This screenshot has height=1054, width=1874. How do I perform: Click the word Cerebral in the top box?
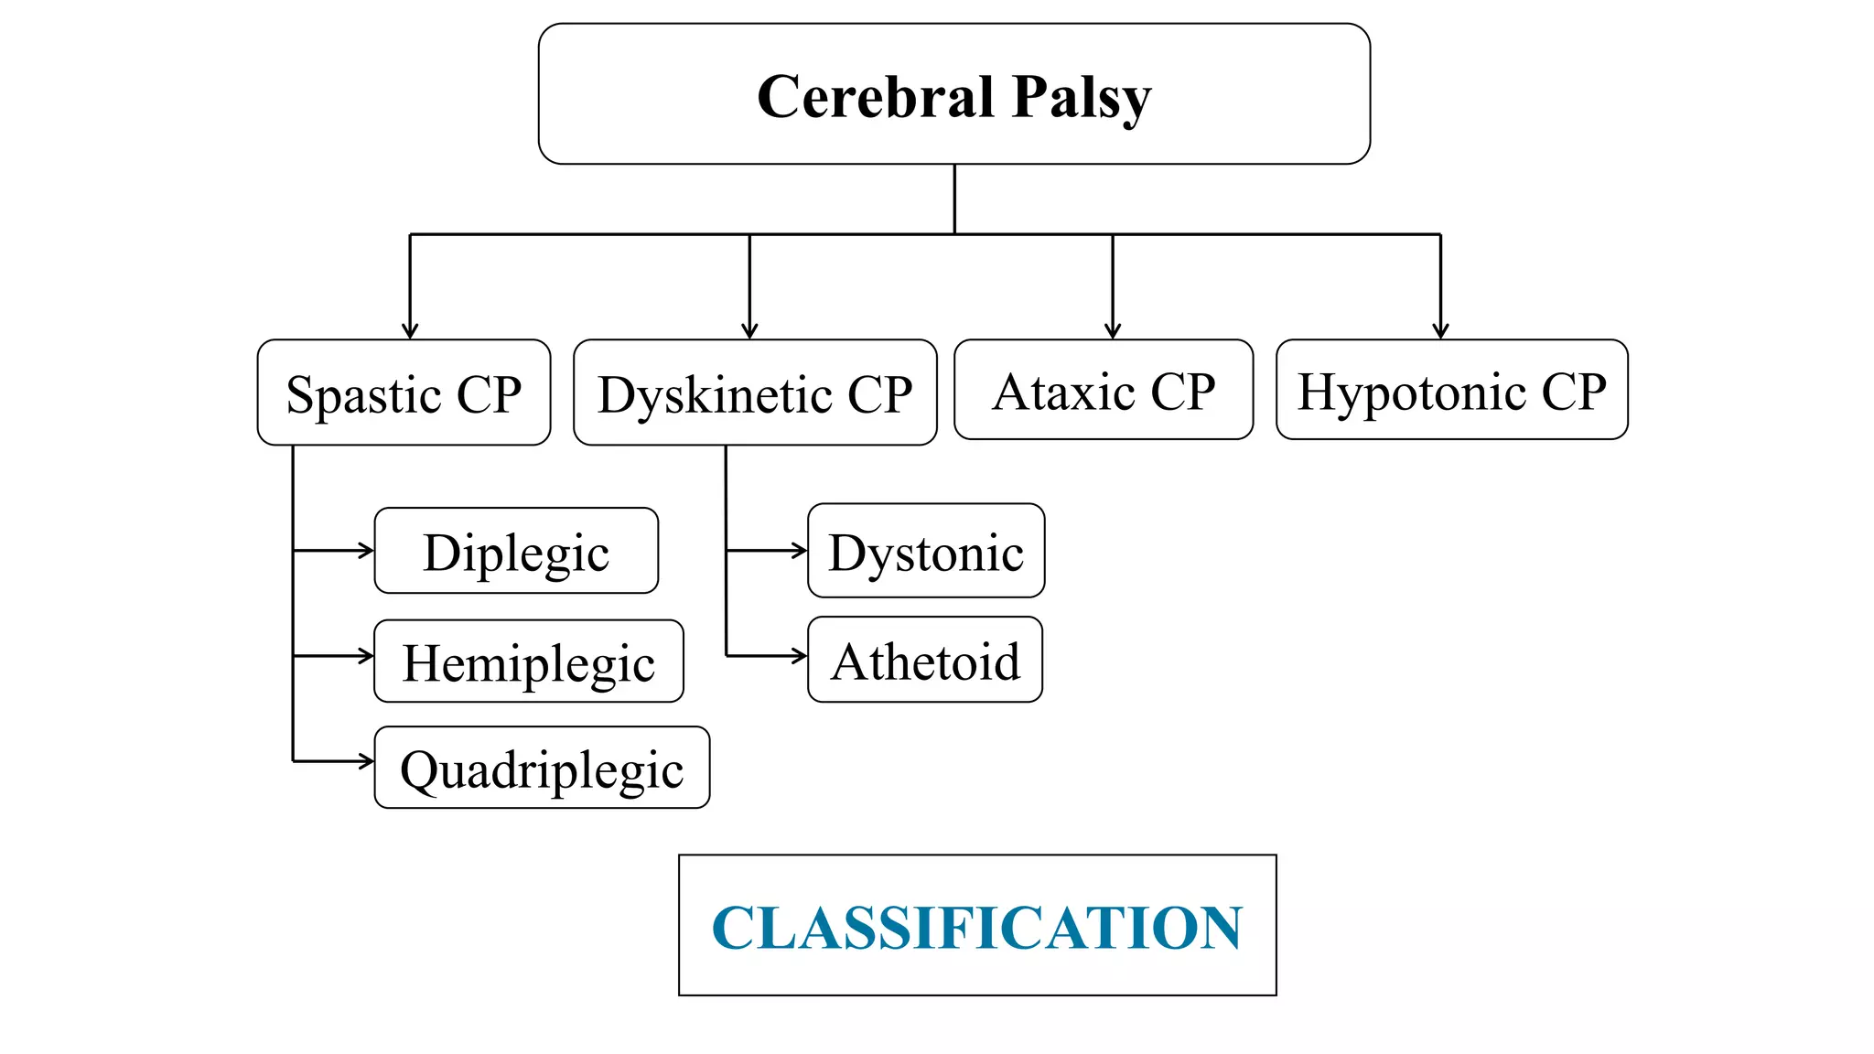point(876,97)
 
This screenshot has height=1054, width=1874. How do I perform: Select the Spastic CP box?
point(404,393)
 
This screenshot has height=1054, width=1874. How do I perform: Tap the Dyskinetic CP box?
point(755,393)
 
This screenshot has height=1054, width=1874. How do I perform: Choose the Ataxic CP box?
point(1104,391)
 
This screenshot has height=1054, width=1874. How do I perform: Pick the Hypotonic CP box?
point(1451,391)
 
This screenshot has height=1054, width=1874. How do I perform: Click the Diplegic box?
point(516,552)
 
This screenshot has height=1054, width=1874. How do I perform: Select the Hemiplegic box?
point(528,661)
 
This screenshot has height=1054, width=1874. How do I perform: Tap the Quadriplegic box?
point(542,769)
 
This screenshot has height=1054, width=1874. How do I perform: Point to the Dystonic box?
point(926,552)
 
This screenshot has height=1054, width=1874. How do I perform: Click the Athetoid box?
point(925,661)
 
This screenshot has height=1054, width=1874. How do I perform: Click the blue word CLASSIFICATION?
point(976,927)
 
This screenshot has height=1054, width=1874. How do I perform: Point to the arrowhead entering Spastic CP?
point(410,332)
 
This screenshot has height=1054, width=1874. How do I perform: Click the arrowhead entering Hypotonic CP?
point(1440,332)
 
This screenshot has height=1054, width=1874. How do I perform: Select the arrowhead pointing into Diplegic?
point(368,551)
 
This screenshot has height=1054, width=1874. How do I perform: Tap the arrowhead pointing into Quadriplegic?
point(368,761)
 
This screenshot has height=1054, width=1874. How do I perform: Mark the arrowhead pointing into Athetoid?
point(801,656)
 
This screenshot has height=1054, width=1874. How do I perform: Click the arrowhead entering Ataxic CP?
point(1113,332)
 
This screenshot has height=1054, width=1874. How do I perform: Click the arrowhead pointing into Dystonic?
point(801,551)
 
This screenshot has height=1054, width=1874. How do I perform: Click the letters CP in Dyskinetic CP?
point(879,394)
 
